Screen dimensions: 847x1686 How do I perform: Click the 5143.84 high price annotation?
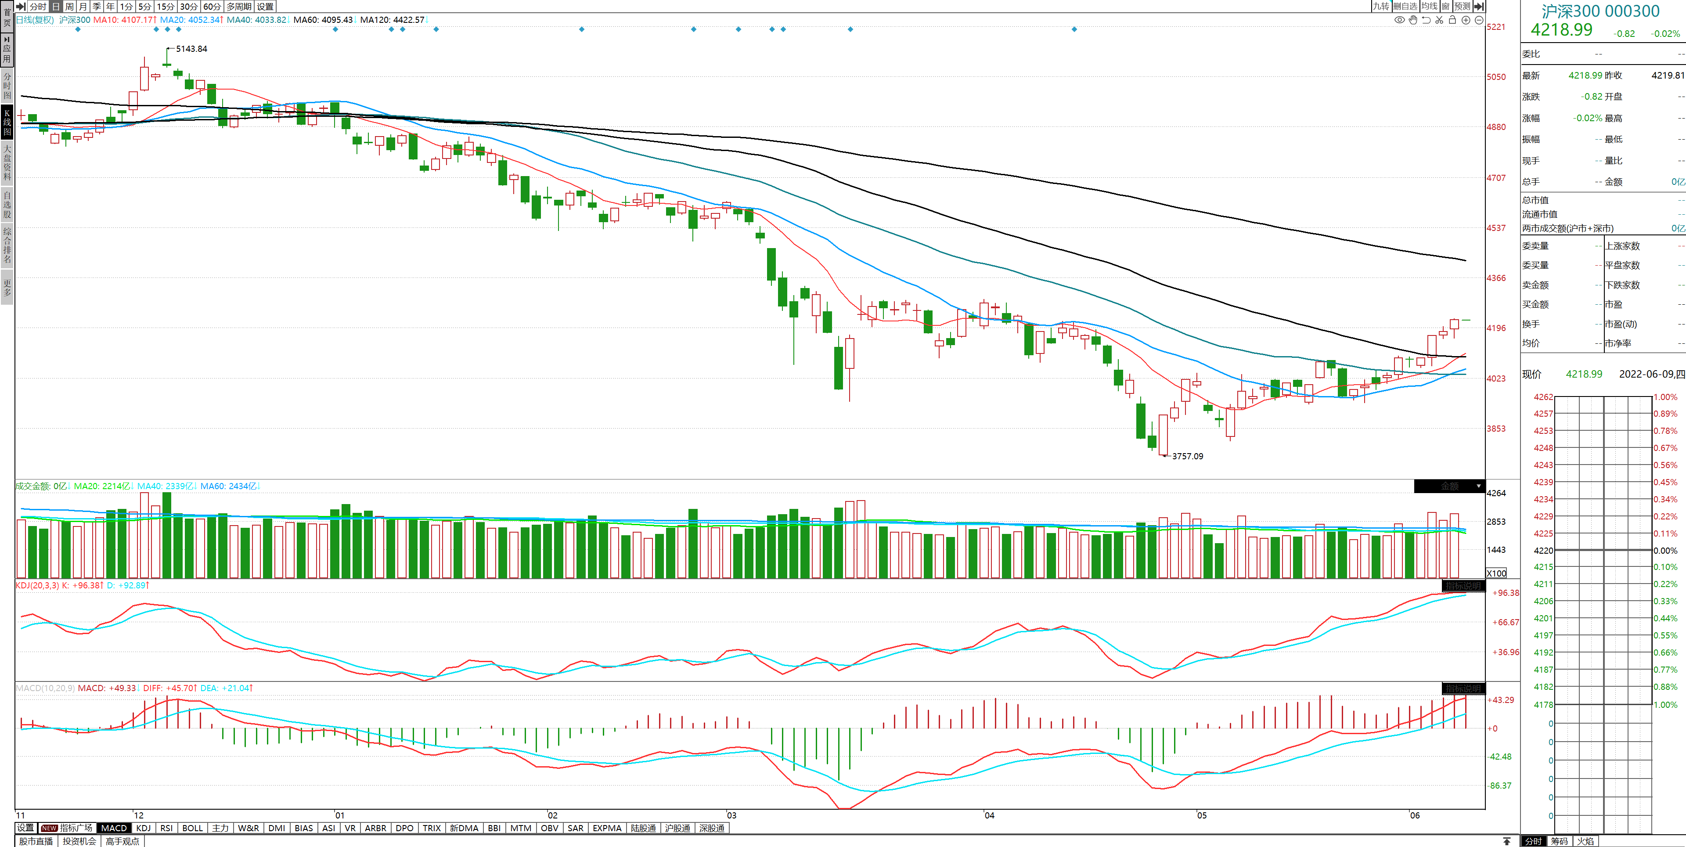click(191, 49)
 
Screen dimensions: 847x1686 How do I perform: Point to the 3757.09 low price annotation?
click(1187, 456)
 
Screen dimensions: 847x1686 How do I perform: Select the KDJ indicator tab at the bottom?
click(143, 828)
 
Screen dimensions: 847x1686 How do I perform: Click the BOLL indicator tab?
click(192, 828)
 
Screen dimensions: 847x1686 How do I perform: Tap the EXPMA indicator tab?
click(607, 828)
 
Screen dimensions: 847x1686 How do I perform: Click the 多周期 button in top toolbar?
click(239, 7)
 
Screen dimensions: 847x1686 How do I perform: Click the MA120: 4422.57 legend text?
click(392, 20)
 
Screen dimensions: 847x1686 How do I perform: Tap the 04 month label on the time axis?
click(989, 815)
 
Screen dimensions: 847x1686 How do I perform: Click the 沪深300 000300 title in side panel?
click(1600, 11)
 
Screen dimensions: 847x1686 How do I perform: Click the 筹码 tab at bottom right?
click(1559, 841)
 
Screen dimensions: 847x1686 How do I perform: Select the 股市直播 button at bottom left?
click(36, 841)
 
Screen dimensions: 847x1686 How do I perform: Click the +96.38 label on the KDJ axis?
click(1506, 593)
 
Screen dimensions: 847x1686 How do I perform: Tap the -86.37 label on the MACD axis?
click(1500, 786)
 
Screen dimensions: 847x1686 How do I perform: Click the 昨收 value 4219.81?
click(1667, 75)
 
